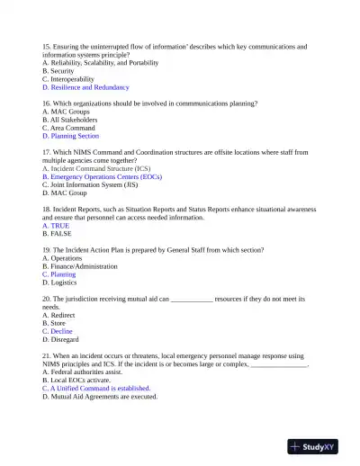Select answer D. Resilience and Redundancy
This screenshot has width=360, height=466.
click(x=85, y=87)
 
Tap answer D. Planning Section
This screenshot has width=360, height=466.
click(x=70, y=136)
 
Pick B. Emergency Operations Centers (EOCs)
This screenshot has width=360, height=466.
click(x=103, y=177)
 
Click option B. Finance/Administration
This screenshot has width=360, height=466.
click(x=80, y=266)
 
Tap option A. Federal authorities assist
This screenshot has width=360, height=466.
click(x=83, y=372)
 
